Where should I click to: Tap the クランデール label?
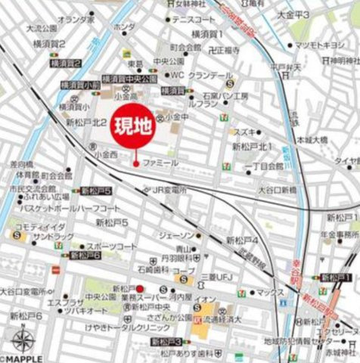pyautogui.click(x=211, y=76)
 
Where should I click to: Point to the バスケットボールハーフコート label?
pyautogui.click(x=61, y=207)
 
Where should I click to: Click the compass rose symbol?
pyautogui.click(x=22, y=339)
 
